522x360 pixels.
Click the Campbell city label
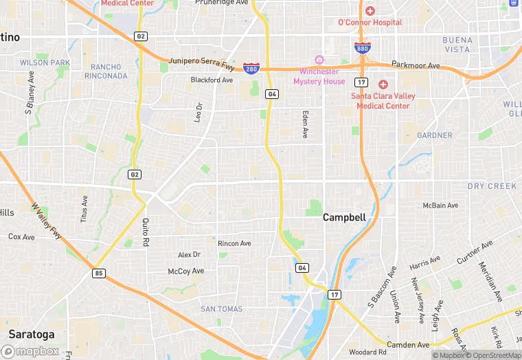(x=344, y=217)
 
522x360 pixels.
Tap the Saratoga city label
(x=27, y=334)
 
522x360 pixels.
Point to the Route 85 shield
(x=100, y=273)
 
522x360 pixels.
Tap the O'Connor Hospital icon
(x=370, y=11)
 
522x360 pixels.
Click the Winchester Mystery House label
(x=319, y=77)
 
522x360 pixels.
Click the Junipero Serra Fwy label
(x=201, y=63)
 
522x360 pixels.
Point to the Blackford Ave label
(x=212, y=80)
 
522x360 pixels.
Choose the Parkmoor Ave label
(x=416, y=65)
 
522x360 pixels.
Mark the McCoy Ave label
(x=186, y=271)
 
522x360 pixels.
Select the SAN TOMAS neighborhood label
(x=221, y=309)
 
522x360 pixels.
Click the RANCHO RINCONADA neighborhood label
(x=109, y=71)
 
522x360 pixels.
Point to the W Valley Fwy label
(x=46, y=221)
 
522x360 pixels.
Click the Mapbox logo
(x=30, y=351)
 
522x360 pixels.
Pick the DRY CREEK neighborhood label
(x=492, y=186)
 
